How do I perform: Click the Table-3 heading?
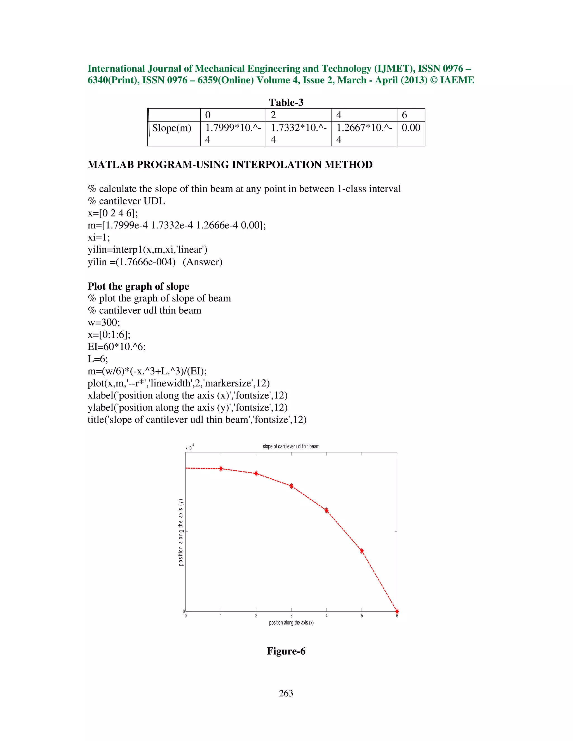click(x=286, y=102)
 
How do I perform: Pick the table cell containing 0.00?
click(x=411, y=128)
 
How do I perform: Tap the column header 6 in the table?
click(x=404, y=115)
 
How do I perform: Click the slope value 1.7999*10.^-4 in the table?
click(x=233, y=133)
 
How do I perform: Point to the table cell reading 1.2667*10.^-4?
click(x=364, y=133)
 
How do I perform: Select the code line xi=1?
click(x=99, y=237)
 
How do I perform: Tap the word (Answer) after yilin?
click(x=202, y=262)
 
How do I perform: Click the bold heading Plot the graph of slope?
click(x=138, y=286)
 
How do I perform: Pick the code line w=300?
click(x=104, y=322)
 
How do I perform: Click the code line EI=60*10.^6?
click(x=116, y=347)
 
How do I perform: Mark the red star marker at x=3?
click(x=291, y=486)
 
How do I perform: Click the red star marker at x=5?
click(x=362, y=551)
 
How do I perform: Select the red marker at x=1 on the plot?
click(x=221, y=469)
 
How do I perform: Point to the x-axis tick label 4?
click(x=327, y=616)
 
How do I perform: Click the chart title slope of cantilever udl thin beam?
click(x=291, y=447)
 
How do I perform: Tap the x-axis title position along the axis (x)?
click(x=291, y=623)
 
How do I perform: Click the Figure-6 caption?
click(x=286, y=651)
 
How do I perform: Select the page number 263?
click(x=286, y=693)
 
